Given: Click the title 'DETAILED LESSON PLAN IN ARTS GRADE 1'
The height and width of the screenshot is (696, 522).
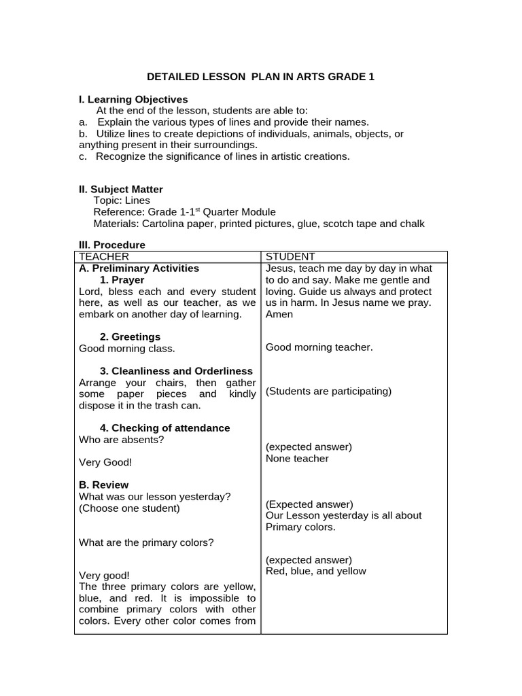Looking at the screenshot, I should pyautogui.click(x=261, y=77).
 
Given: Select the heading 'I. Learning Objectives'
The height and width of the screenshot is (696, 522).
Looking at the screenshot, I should pyautogui.click(x=133, y=99).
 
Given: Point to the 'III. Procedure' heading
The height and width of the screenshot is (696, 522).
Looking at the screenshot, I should pyautogui.click(x=112, y=245).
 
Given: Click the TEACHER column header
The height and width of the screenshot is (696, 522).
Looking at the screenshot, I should pyautogui.click(x=104, y=256).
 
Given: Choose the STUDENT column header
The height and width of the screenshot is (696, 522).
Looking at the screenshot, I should pyautogui.click(x=290, y=256).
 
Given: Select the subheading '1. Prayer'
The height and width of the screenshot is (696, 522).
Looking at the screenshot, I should pyautogui.click(x=122, y=279).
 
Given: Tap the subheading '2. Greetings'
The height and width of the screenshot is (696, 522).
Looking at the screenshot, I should pyautogui.click(x=130, y=336).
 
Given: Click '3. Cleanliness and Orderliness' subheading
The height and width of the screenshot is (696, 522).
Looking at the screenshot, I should pyautogui.click(x=176, y=370).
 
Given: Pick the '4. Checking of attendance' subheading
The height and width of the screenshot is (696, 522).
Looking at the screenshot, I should pyautogui.click(x=164, y=428).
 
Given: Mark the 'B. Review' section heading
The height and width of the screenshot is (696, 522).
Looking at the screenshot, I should pyautogui.click(x=103, y=485).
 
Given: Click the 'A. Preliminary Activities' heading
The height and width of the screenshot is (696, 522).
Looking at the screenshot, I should pyautogui.click(x=139, y=268).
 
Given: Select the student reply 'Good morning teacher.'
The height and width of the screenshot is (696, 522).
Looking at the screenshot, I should pyautogui.click(x=319, y=347).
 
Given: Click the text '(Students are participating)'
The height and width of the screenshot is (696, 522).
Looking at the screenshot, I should pyautogui.click(x=328, y=391).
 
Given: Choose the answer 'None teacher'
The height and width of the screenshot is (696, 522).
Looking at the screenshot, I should pyautogui.click(x=297, y=458).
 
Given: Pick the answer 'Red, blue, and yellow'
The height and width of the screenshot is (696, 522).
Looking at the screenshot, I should pyautogui.click(x=315, y=571).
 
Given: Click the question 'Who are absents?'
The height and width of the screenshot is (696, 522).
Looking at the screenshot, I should pyautogui.click(x=121, y=439).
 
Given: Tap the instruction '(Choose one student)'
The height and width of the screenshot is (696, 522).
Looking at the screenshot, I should pyautogui.click(x=129, y=508).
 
